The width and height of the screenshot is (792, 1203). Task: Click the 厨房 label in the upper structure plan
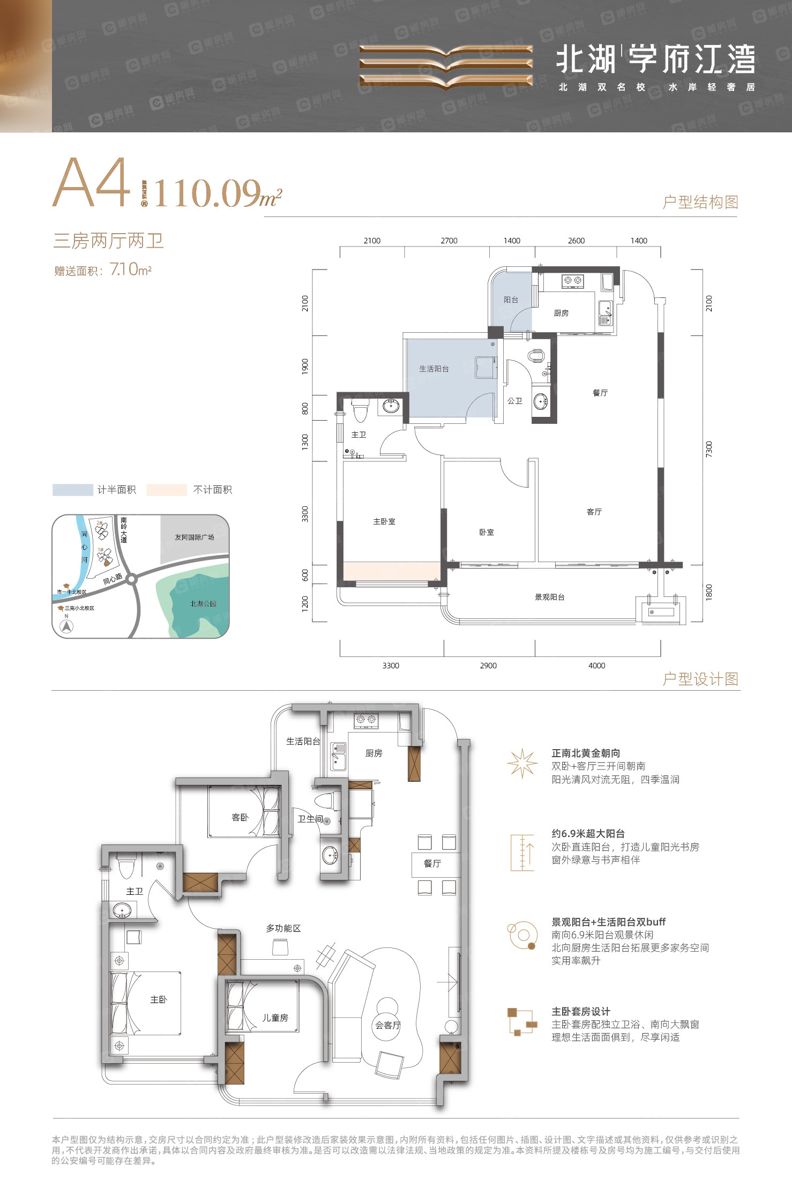(561, 313)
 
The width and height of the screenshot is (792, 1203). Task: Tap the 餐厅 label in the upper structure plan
(600, 393)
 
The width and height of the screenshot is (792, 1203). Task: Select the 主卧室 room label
(384, 521)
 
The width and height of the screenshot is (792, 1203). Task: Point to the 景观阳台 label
(550, 597)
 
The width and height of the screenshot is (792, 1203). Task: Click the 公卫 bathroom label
(515, 401)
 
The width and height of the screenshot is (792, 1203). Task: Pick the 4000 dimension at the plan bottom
(596, 666)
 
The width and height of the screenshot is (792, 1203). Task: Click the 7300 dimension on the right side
(709, 449)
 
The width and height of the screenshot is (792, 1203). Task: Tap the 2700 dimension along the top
(449, 241)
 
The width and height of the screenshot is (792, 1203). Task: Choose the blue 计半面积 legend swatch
(73, 490)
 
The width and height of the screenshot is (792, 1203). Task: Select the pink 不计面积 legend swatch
(166, 490)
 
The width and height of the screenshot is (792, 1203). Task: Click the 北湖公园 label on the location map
(203, 604)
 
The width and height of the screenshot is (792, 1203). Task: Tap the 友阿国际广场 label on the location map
(194, 537)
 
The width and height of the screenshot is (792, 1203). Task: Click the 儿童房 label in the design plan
(275, 1018)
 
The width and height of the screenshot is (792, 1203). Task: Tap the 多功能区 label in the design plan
(283, 928)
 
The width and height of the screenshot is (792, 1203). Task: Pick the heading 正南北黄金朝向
(586, 753)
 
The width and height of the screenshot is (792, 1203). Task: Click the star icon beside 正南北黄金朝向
(522, 763)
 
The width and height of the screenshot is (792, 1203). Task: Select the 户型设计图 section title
(700, 679)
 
